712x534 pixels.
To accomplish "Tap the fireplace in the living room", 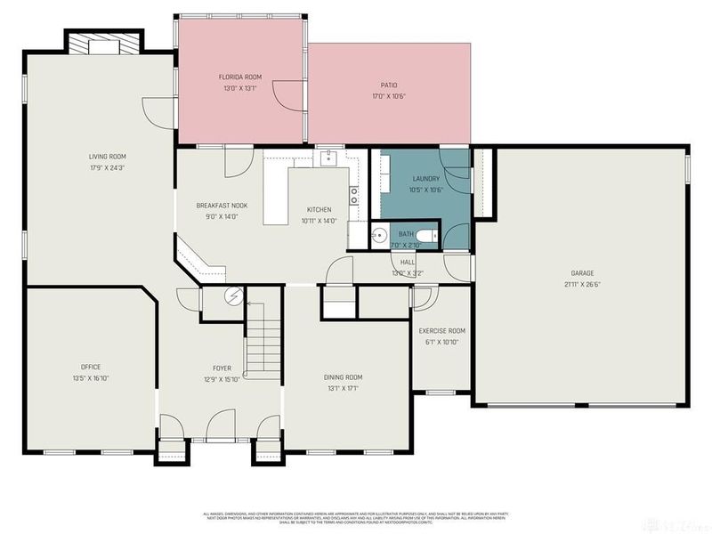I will (106, 45).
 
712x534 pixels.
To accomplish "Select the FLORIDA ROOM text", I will (240, 77).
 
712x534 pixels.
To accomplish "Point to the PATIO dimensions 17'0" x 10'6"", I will (389, 96).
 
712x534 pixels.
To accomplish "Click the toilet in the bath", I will (426, 236).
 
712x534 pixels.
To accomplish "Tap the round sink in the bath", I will (377, 237).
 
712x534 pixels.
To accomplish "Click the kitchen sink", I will (326, 158).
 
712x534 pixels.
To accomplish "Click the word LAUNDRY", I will (426, 179).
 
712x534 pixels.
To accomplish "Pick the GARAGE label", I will (582, 273).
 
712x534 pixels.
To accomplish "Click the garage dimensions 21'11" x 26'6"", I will (582, 285).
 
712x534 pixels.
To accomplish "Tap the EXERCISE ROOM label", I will (442, 331).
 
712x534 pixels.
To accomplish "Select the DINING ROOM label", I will (343, 377).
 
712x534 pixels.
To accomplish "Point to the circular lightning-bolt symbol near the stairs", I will (235, 297).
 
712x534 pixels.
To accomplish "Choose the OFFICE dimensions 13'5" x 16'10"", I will (91, 378).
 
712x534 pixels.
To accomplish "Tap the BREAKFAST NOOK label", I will (222, 206).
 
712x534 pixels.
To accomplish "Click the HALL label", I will (408, 263).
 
